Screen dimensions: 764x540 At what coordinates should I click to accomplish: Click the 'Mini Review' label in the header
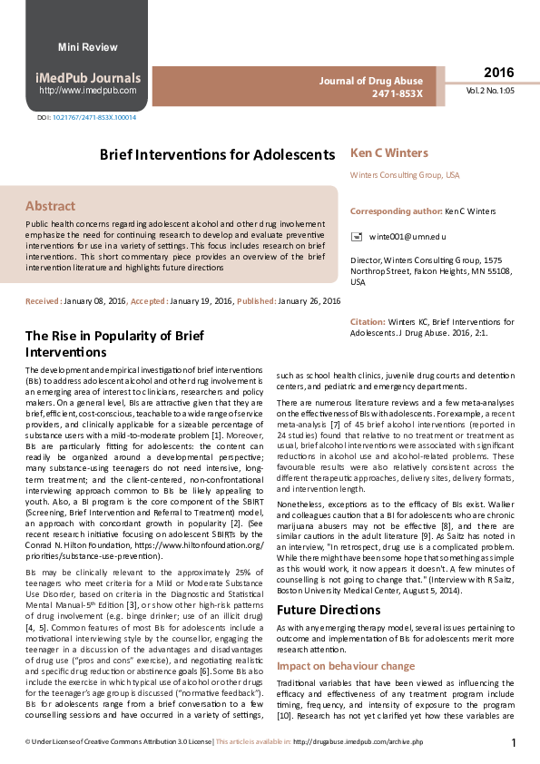[x=88, y=47]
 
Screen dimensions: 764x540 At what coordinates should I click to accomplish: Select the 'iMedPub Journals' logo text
[x=88, y=78]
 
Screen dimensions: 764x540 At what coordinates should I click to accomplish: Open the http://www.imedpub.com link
[x=88, y=91]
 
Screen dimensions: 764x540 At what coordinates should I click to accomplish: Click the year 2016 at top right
[x=498, y=73]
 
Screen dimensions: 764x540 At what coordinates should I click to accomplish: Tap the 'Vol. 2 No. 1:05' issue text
[x=491, y=91]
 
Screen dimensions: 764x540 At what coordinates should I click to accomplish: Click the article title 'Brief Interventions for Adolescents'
[x=217, y=154]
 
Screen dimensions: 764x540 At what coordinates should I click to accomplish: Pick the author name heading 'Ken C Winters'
[x=388, y=152]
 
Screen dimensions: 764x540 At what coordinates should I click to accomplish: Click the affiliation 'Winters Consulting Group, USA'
[x=405, y=174]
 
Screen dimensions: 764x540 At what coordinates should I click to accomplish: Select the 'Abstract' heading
[x=50, y=206]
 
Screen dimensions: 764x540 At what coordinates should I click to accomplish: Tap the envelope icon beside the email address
[x=357, y=236]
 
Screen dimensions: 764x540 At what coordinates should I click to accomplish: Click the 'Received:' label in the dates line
[x=44, y=300]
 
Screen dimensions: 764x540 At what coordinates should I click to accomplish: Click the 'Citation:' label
[x=368, y=322]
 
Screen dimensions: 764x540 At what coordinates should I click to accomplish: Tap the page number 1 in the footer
[x=514, y=743]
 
